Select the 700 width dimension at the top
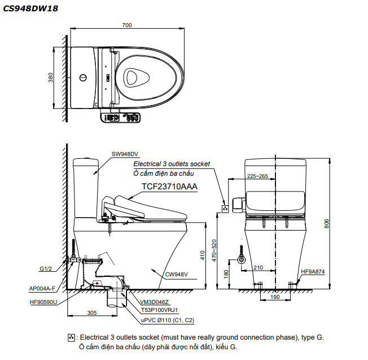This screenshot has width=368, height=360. coord(126,25)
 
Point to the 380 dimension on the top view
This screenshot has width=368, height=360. coord(50,77)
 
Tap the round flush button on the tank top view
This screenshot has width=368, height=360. coord(83,77)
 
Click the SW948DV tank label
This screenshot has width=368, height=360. coord(125,154)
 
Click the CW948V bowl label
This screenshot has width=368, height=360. coord(177,275)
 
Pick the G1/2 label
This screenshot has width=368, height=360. coord(46,269)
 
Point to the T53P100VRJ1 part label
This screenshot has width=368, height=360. coord(160,310)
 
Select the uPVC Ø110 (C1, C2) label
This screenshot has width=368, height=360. coord(168,320)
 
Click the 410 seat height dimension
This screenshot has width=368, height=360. coord(202,256)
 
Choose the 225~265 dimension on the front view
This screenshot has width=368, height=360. coord(257,176)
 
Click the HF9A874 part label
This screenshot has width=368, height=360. coord(313,271)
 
